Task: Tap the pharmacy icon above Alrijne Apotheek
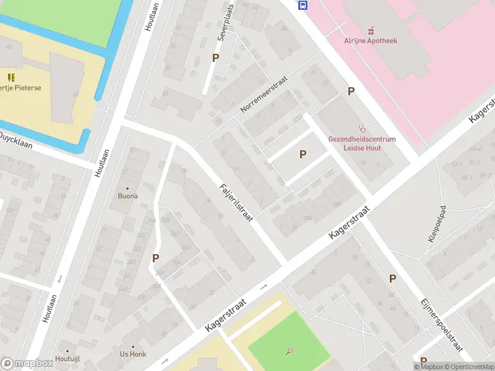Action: tap(371, 30)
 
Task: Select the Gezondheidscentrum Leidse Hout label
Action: tap(362, 143)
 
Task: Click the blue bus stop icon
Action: tap(303, 6)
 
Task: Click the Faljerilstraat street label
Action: tap(235, 204)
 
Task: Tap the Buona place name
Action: tap(128, 196)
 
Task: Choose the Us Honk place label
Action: tap(133, 354)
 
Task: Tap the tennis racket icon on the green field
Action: tap(290, 351)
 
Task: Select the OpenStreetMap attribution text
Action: tap(467, 367)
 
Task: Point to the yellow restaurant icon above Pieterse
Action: tap(11, 77)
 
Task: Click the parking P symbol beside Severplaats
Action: tap(215, 58)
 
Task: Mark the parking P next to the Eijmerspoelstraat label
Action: tap(392, 279)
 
